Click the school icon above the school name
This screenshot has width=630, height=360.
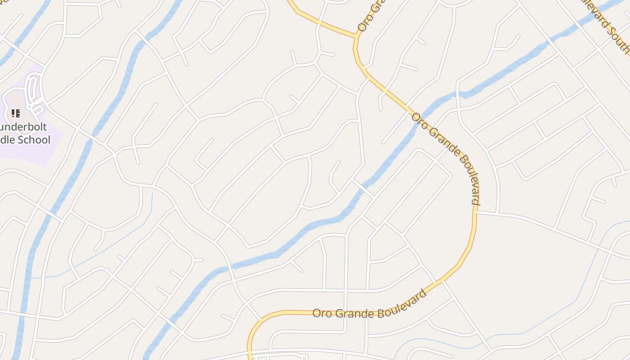point(16,113)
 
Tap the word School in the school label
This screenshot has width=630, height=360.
point(34,140)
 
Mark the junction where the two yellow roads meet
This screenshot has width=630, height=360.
point(356,36)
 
